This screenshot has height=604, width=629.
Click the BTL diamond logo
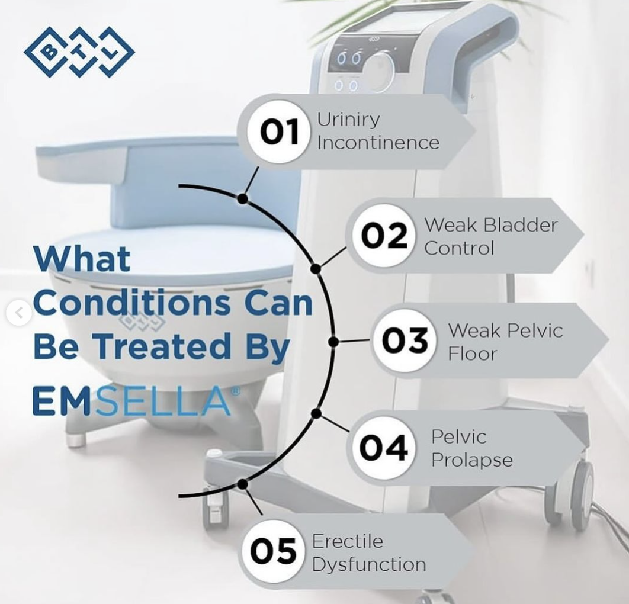pyautogui.click(x=79, y=52)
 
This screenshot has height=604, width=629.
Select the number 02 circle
pyautogui.click(x=384, y=236)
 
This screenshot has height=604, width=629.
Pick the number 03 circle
pyautogui.click(x=405, y=340)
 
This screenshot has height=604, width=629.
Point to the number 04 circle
pyautogui.click(x=383, y=447)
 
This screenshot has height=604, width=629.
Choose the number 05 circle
pyautogui.click(x=273, y=552)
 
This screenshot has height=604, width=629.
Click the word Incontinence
pyautogui.click(x=378, y=143)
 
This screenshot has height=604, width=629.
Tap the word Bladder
pyautogui.click(x=521, y=225)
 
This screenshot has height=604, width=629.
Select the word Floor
pyautogui.click(x=472, y=354)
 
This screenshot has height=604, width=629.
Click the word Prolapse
pyautogui.click(x=471, y=460)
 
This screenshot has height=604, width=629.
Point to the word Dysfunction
pyautogui.click(x=368, y=564)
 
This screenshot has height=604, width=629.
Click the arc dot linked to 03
pyautogui.click(x=333, y=342)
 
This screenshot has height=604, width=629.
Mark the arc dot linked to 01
pyautogui.click(x=242, y=199)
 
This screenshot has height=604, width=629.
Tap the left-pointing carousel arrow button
pyautogui.click(x=20, y=312)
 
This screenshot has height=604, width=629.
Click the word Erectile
pyautogui.click(x=348, y=541)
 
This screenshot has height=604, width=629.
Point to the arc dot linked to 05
pyautogui.click(x=242, y=484)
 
